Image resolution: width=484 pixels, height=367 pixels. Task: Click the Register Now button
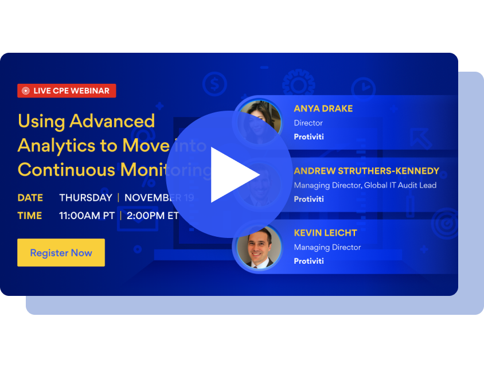coord(61,253)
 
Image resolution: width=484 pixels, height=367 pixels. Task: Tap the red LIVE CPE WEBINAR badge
coord(67,91)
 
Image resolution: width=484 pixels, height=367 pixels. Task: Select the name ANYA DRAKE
coord(323,108)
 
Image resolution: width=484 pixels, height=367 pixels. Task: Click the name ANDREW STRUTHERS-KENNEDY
coord(366,171)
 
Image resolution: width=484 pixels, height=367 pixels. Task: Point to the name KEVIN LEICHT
coord(325,233)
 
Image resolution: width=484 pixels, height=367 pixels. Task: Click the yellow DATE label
coord(30,198)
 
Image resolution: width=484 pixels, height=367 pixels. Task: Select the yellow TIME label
coord(30,216)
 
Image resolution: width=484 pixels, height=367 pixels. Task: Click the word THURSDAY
coord(85,198)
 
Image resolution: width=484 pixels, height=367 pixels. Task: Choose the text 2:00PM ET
coord(153,216)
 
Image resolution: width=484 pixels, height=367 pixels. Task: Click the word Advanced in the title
coord(112,121)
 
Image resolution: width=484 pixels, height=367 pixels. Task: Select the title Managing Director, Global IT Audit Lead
coord(365,185)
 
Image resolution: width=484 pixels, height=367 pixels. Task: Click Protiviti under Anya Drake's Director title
coord(309,137)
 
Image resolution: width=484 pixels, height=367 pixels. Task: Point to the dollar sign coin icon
coord(214,85)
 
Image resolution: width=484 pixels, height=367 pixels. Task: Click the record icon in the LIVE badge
coord(25,91)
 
